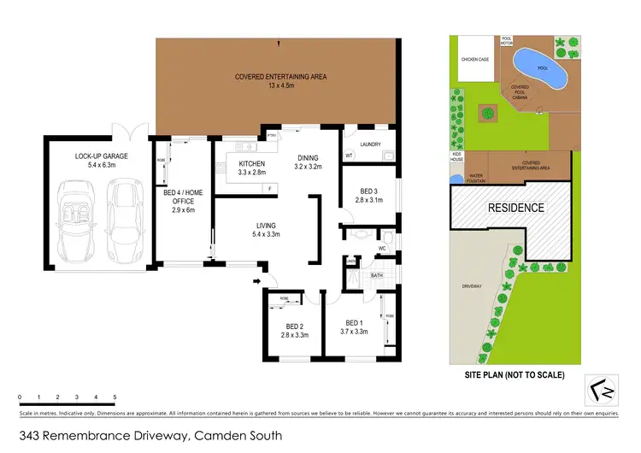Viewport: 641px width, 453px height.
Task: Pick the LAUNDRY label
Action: pos(371,144)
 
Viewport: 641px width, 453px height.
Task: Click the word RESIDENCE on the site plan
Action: pos(515,208)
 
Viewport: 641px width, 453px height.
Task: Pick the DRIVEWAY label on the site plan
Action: pos(471,286)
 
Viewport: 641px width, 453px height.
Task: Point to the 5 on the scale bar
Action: pos(115,397)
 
